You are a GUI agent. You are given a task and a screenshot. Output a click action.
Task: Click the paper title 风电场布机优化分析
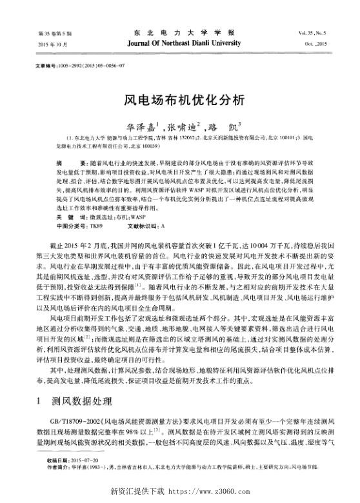click(180, 101)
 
